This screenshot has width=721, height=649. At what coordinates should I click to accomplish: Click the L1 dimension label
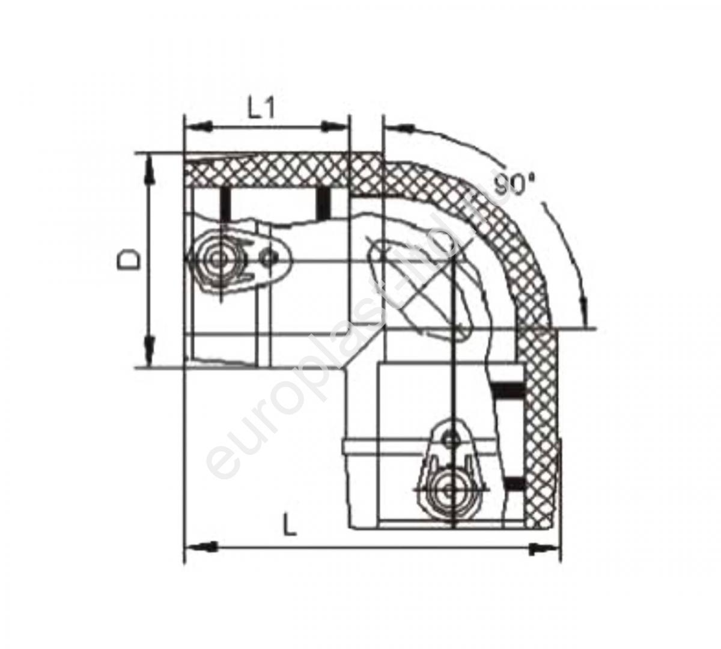click(261, 108)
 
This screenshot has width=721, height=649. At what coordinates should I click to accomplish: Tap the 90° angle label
click(514, 185)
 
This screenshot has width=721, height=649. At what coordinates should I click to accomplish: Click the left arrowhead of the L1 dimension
click(197, 126)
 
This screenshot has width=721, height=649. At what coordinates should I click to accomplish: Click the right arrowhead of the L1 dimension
click(335, 126)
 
